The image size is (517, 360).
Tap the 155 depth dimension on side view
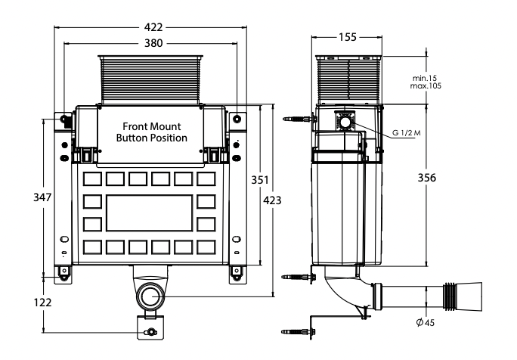pyautogui.click(x=348, y=36)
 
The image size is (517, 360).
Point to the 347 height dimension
pyautogui.click(x=43, y=197)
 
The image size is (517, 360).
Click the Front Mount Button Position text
pyautogui.click(x=151, y=132)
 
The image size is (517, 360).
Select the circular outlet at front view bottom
pyautogui.click(x=151, y=295)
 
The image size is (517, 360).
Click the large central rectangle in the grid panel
pyautogui.click(x=151, y=213)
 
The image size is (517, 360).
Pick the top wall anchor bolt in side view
pyautogui.click(x=298, y=119)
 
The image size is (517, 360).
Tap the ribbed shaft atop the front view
pyautogui.click(x=151, y=79)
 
